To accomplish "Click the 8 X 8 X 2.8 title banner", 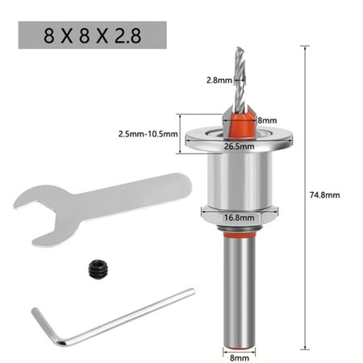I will tap(92, 35).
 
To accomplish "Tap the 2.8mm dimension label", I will tap(219, 80).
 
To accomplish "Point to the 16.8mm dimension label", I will tap(239, 218).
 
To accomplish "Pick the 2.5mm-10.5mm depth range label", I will tap(147, 134).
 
